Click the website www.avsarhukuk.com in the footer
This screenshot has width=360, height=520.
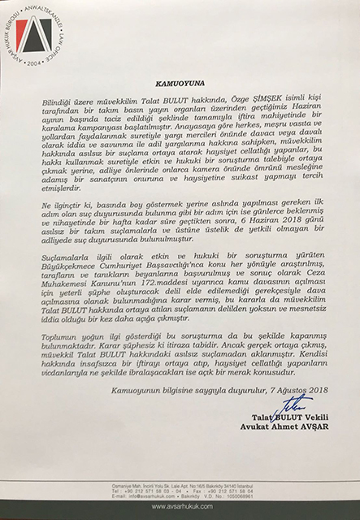pyautogui.click(x=180, y=503)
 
